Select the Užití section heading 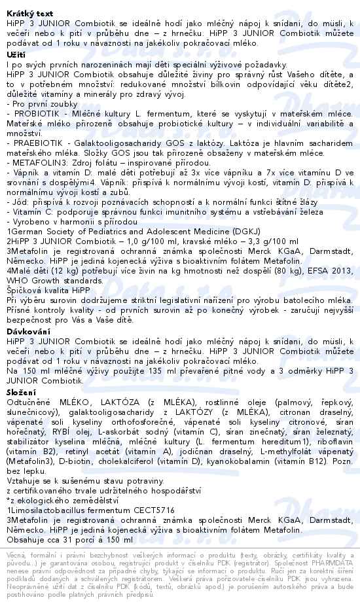click(x=14, y=54)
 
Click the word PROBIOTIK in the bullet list click(x=33, y=113)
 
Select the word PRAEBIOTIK click(x=37, y=142)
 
